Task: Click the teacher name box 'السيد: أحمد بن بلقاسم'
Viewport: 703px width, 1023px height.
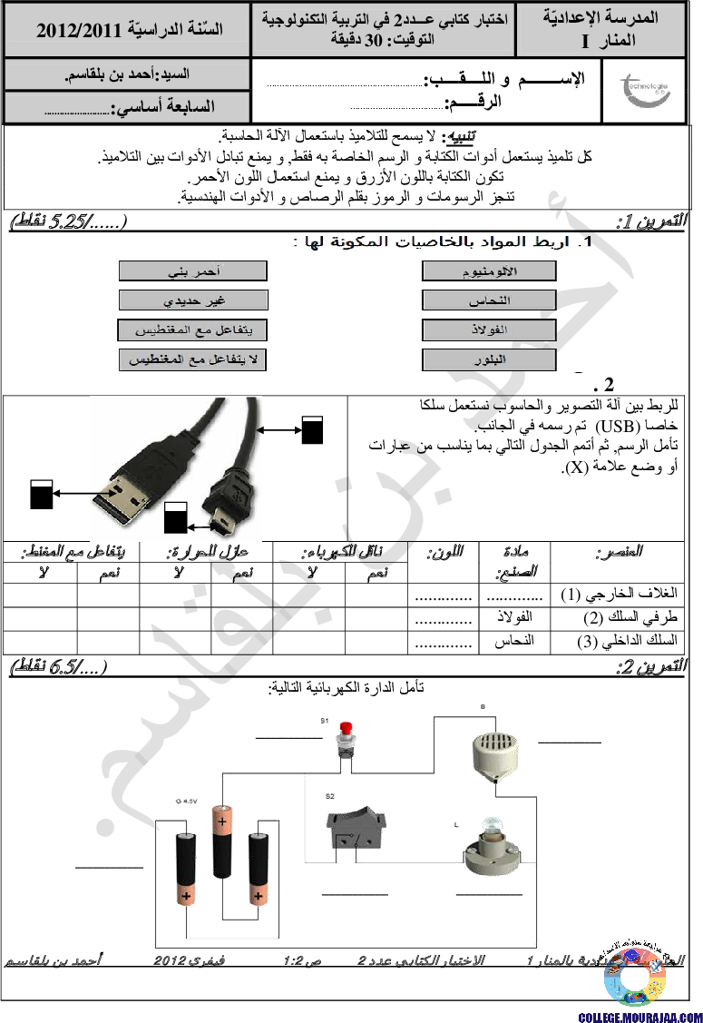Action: [127, 74]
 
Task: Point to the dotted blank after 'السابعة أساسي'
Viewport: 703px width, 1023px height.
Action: [76, 110]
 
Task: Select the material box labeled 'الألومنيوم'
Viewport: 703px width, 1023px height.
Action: [489, 271]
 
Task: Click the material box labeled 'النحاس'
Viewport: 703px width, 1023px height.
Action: [489, 300]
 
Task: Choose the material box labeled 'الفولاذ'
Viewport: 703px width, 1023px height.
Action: [489, 329]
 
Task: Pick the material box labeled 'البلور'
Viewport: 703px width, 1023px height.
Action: [489, 359]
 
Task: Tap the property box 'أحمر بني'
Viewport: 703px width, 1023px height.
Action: [192, 271]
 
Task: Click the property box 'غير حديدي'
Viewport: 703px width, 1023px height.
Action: [192, 300]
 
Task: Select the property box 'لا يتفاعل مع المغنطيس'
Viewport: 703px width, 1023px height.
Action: [192, 359]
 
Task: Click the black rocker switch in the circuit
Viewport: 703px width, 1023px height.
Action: [356, 828]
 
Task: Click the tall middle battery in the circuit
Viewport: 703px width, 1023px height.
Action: [222, 841]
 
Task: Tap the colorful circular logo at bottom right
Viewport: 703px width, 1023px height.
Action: [635, 977]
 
